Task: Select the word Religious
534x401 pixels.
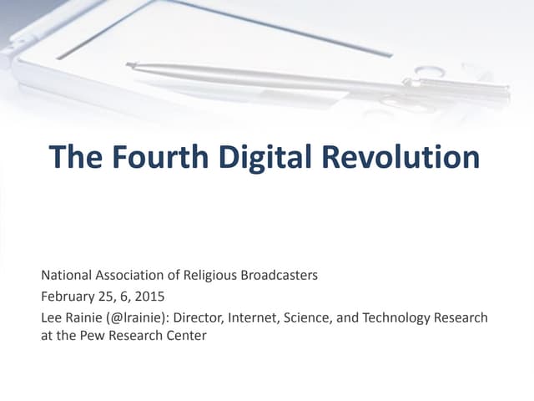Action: click(208, 276)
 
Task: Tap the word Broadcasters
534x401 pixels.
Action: click(277, 276)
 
